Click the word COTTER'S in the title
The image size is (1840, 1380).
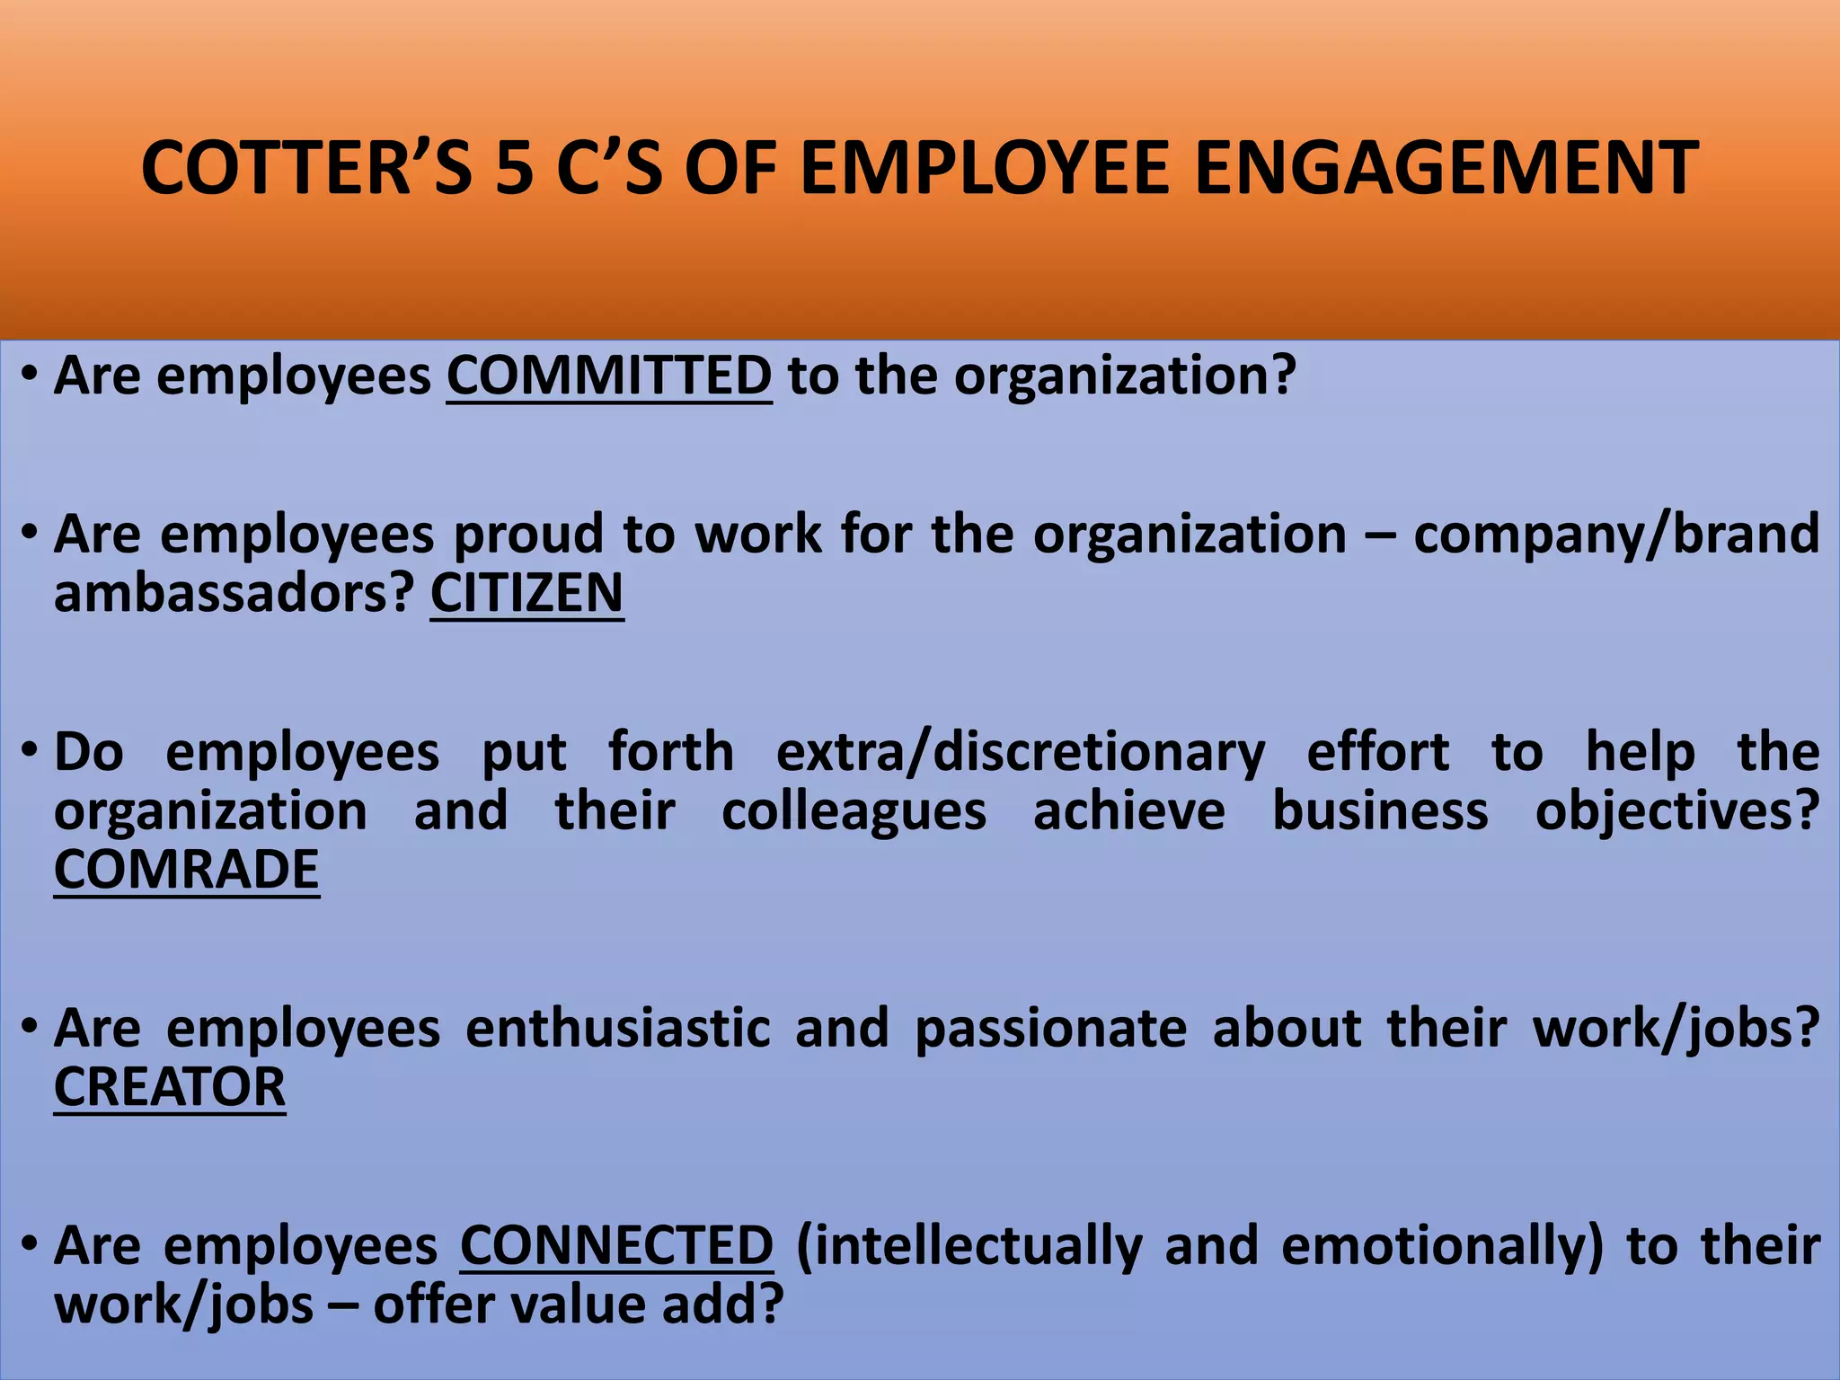point(306,168)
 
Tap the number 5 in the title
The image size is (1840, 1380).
point(514,168)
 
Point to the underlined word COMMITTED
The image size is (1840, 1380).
point(609,376)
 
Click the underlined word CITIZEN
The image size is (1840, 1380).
point(526,593)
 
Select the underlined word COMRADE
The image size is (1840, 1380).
point(187,870)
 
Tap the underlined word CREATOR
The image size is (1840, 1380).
point(170,1087)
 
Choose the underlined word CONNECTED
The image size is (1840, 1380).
point(616,1246)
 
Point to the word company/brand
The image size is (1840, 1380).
point(1616,534)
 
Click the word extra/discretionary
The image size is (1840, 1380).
point(1020,751)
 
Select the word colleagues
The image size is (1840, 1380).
point(854,810)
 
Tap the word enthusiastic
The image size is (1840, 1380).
point(618,1028)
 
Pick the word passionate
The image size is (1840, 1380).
point(1050,1028)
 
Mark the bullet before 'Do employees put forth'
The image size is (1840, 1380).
point(31,747)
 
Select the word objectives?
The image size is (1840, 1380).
point(1676,812)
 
